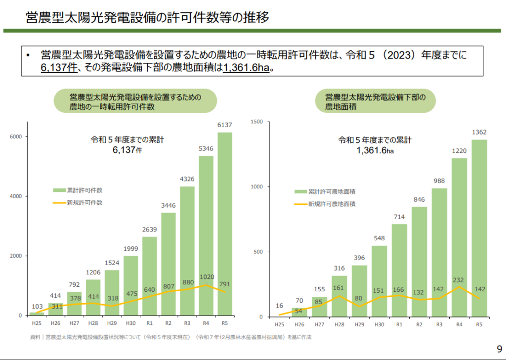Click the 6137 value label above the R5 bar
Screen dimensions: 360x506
click(225, 125)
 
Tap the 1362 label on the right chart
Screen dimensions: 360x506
click(479, 132)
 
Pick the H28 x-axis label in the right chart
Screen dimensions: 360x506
click(339, 324)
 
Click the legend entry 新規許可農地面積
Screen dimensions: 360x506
click(332, 204)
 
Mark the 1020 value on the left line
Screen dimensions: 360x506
click(206, 277)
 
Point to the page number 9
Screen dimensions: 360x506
click(498, 348)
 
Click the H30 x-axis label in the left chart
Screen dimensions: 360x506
click(131, 323)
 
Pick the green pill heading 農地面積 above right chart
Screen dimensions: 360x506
click(375, 101)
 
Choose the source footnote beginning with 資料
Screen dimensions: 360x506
click(171, 337)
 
